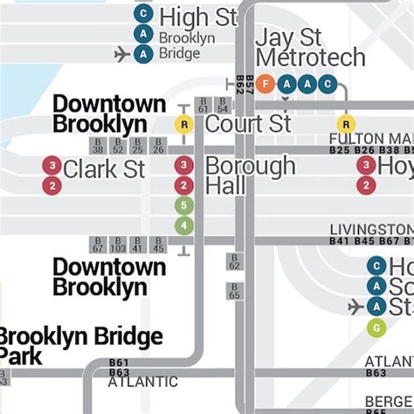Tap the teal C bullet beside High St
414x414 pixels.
click(142, 15)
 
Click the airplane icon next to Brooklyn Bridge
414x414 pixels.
click(121, 54)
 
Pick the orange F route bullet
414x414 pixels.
click(266, 84)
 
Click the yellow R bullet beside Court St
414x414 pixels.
click(183, 124)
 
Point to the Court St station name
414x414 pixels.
click(248, 124)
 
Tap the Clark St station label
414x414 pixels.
click(104, 168)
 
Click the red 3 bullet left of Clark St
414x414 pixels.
click(52, 165)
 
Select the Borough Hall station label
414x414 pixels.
click(250, 175)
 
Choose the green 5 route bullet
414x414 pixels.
click(183, 206)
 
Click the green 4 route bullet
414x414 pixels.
click(183, 225)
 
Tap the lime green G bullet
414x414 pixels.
click(376, 328)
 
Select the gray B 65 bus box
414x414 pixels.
click(234, 291)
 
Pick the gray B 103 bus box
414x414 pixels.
click(118, 245)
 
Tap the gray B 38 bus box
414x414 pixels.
click(98, 146)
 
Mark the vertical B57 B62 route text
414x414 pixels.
click(245, 85)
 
